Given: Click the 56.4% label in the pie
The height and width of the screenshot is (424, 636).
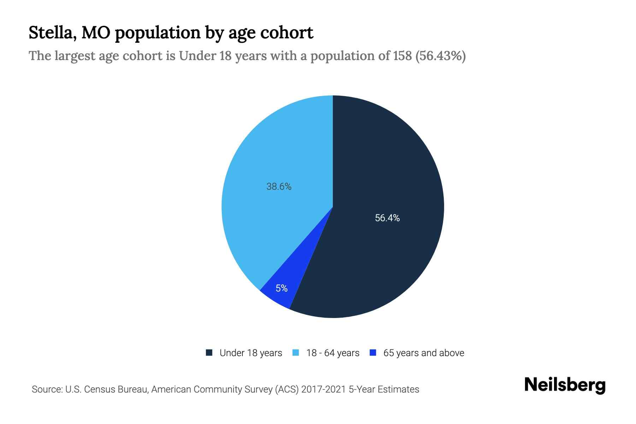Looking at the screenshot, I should (387, 218).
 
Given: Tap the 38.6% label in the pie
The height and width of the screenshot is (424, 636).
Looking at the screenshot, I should (279, 187).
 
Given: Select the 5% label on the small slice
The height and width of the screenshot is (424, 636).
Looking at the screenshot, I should (282, 288).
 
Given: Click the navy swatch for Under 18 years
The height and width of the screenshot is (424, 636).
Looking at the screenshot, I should (209, 353).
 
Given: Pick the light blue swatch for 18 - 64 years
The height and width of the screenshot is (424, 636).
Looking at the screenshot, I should (296, 353).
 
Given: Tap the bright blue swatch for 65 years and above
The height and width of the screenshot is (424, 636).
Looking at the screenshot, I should (373, 353).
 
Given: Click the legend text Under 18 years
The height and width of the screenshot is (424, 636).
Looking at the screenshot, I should (251, 353).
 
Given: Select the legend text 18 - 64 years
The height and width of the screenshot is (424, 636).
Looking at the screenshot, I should (332, 353).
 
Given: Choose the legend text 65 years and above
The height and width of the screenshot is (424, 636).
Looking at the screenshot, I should (424, 353).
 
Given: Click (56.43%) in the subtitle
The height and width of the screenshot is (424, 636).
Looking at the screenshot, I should (440, 56).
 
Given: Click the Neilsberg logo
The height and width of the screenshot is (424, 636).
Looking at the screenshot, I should (565, 385).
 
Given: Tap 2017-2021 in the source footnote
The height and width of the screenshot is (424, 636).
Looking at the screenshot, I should (323, 389).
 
